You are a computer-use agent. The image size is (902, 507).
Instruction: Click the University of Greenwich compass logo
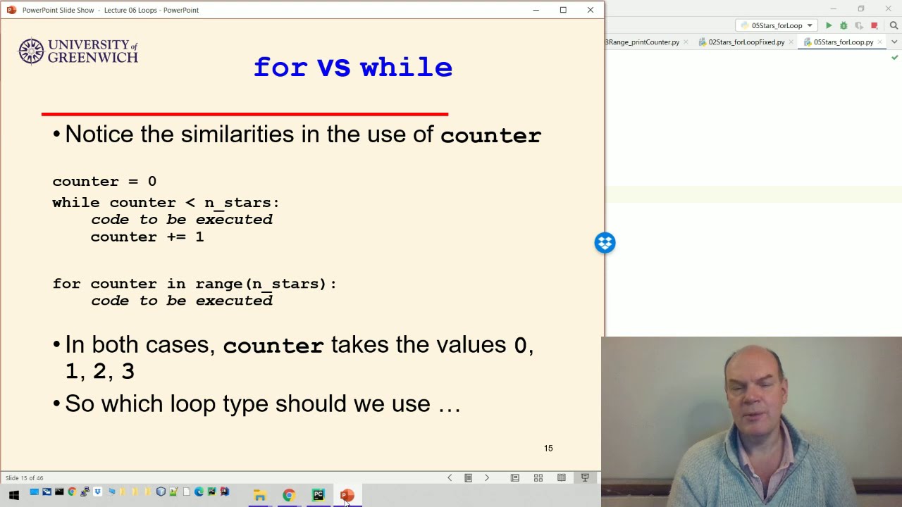(x=31, y=51)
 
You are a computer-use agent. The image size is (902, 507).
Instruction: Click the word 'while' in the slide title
(x=406, y=68)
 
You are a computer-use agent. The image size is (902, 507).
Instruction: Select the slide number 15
(x=548, y=449)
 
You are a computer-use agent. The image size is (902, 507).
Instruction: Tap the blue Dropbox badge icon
(x=605, y=243)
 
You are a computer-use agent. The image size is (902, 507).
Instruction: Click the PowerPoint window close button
(x=591, y=10)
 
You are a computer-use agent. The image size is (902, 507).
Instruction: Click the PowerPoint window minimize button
(x=536, y=10)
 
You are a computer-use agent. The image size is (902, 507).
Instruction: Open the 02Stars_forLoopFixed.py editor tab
(x=746, y=42)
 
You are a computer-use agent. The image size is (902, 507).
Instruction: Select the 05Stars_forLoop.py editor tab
(x=843, y=42)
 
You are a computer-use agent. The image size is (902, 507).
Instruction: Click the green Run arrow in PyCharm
(x=829, y=25)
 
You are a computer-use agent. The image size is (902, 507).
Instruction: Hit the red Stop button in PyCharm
(x=875, y=25)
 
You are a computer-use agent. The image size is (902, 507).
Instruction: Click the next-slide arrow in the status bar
(x=486, y=478)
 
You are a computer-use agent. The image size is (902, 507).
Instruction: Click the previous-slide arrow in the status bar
(x=450, y=478)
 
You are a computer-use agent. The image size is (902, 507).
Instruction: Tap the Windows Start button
(x=13, y=495)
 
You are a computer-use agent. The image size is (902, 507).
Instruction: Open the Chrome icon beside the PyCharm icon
(x=288, y=495)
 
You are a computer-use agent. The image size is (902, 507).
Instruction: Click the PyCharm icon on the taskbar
(x=318, y=495)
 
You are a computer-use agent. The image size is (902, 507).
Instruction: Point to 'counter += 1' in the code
(x=147, y=237)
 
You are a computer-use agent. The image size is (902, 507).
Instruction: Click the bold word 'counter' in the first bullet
(x=490, y=135)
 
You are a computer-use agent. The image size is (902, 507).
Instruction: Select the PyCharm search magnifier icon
(x=894, y=25)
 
